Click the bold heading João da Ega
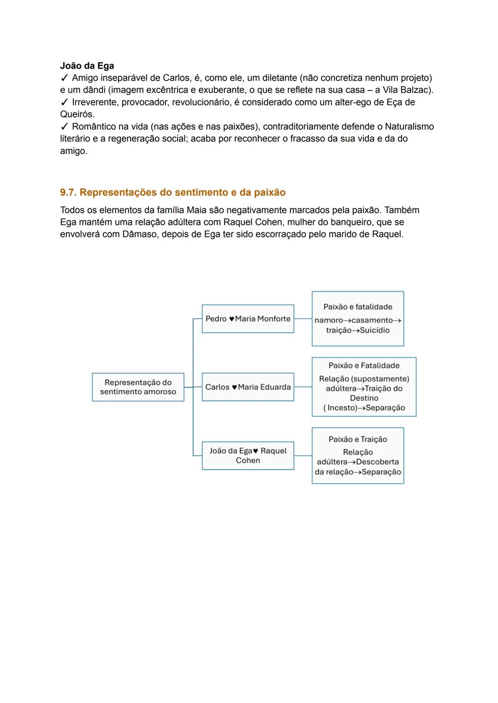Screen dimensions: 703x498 pos(87,66)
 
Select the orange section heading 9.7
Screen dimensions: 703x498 pos(172,192)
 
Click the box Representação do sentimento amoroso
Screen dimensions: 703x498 pos(138,387)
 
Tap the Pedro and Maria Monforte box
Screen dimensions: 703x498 pos(248,319)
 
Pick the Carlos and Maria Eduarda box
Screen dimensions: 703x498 pos(248,387)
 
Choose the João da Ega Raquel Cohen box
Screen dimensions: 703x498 pos(248,455)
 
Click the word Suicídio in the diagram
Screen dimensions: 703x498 pos(374,331)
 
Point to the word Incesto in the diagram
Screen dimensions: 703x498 pos(343,408)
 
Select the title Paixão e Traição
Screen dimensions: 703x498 pos(357,439)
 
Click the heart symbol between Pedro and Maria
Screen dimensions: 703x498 pos(231,319)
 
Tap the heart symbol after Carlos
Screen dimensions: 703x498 pos(234,387)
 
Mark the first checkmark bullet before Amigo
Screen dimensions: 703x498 pos(64,78)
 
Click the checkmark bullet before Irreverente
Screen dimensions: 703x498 pos(64,102)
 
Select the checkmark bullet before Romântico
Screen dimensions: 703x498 pos(64,127)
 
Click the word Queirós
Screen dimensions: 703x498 pos(77,114)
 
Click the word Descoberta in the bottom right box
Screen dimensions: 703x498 pos(377,462)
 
